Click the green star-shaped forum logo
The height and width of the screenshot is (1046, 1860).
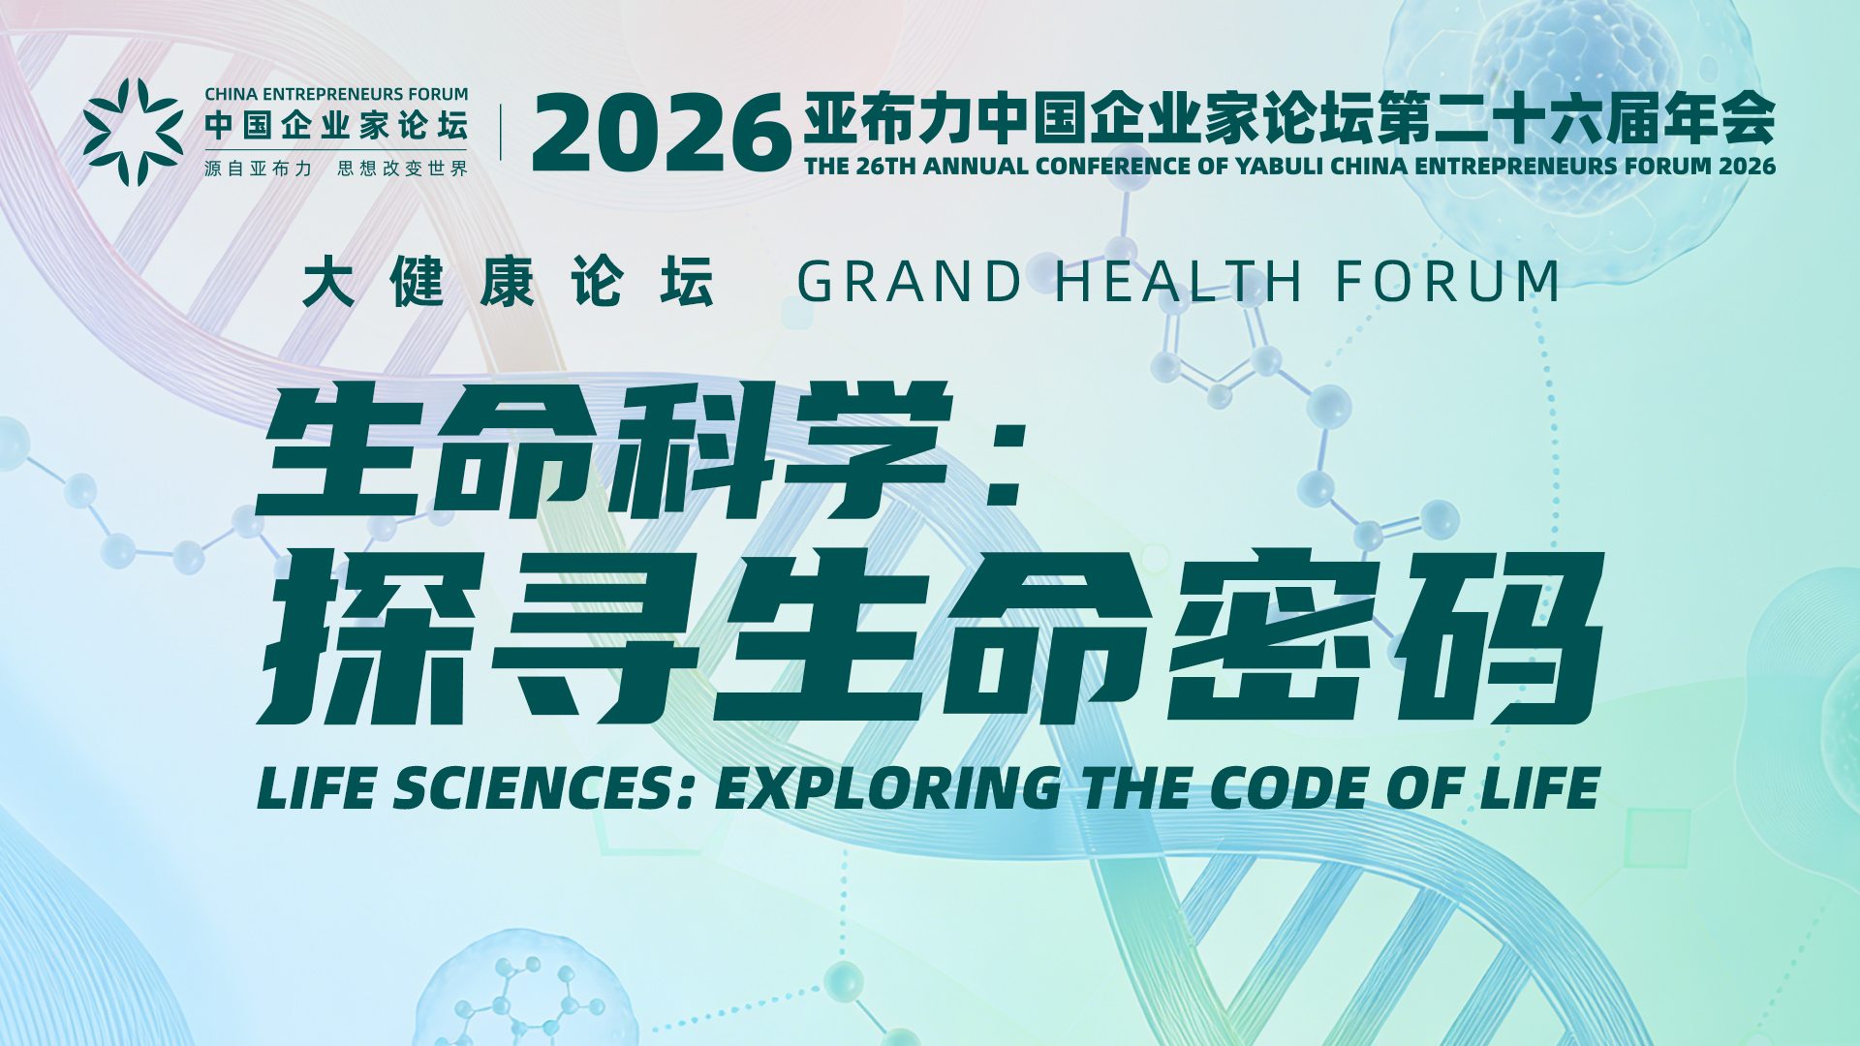(133, 132)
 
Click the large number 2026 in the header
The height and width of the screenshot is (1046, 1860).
(662, 133)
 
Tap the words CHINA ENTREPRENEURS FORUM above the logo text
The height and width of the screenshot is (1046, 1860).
(336, 94)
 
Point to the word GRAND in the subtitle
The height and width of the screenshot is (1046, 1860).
(910, 282)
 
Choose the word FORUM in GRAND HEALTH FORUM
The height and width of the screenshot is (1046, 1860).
(1448, 282)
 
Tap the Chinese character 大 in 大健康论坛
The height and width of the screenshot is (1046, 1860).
(328, 282)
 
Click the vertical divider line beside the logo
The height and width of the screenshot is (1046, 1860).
(501, 132)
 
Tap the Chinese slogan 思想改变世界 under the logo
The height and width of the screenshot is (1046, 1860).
(402, 169)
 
